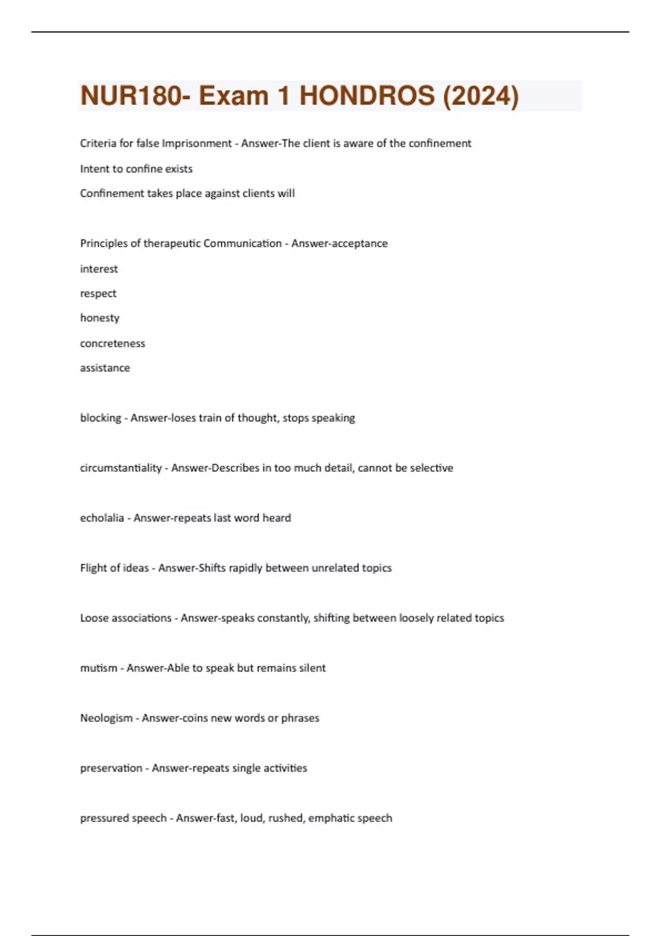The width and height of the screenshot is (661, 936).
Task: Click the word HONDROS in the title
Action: coord(367,96)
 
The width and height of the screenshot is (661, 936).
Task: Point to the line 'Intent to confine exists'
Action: coord(136,169)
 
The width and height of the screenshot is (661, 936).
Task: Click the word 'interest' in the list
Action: coord(99,269)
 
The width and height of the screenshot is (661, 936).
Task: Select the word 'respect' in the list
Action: coord(98,294)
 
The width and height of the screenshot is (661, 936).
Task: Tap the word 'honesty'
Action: coord(99,318)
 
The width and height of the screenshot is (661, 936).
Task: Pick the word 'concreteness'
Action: coord(112,344)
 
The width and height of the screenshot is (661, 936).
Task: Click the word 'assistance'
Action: coord(105,368)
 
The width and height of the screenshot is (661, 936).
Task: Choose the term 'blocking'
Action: coord(100,418)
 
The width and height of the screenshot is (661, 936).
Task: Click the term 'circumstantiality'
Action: coord(121,468)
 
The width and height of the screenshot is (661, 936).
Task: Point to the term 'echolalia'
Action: coord(102,518)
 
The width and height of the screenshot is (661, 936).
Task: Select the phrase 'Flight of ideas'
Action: coord(114,568)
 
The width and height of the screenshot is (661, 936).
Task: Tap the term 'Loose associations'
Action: coord(126,618)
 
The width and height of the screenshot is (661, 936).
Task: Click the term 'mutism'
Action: coord(99,668)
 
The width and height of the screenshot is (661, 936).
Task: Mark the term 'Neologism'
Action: coord(106,719)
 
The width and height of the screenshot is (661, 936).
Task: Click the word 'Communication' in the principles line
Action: coord(242,244)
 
